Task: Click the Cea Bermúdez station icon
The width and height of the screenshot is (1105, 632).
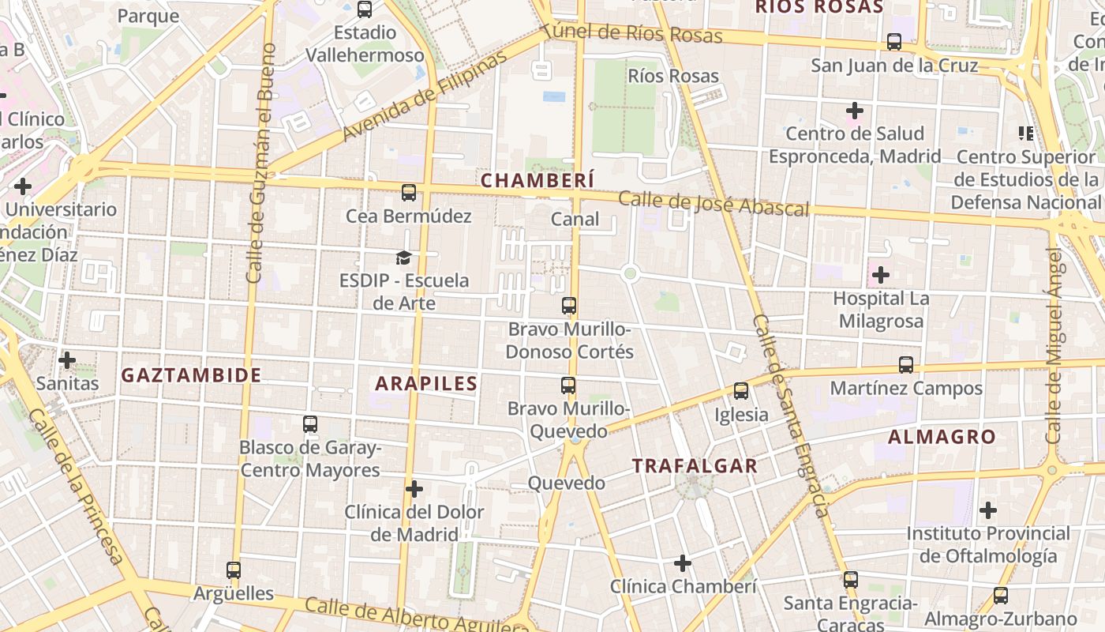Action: (408, 192)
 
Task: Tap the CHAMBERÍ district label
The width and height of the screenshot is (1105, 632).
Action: (538, 180)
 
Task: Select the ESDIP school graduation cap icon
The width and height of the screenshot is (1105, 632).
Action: (404, 258)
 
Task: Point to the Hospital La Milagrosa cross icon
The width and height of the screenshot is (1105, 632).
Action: (881, 275)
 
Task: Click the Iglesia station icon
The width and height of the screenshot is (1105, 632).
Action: (740, 390)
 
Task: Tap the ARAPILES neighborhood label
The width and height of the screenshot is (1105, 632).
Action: (426, 384)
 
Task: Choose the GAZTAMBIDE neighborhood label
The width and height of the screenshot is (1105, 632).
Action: (191, 375)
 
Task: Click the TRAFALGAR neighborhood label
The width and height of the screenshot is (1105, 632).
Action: (695, 466)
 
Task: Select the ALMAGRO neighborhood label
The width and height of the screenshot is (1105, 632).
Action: (942, 437)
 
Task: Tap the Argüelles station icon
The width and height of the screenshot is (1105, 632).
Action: (234, 570)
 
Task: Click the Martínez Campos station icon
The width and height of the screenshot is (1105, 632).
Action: (906, 365)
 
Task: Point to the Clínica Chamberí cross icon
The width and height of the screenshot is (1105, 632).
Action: (683, 562)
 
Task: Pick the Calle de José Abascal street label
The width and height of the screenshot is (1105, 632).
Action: (714, 203)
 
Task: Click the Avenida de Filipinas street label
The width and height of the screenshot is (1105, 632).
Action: (425, 97)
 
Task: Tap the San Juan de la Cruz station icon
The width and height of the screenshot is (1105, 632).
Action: (894, 42)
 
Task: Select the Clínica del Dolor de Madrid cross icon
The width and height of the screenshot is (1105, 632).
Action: (414, 489)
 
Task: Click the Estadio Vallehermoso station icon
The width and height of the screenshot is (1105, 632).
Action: (365, 9)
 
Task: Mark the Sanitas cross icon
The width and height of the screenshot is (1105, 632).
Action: (67, 360)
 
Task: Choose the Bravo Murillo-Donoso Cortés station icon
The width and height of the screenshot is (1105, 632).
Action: (569, 306)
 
